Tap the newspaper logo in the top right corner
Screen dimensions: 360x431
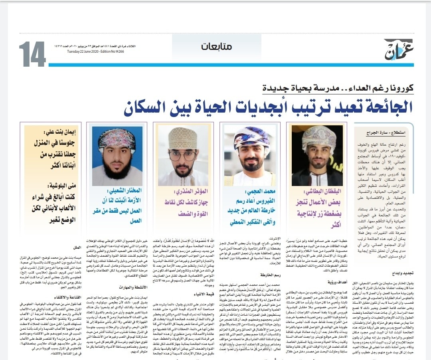pos(399,50)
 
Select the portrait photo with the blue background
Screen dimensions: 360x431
pos(117,156)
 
